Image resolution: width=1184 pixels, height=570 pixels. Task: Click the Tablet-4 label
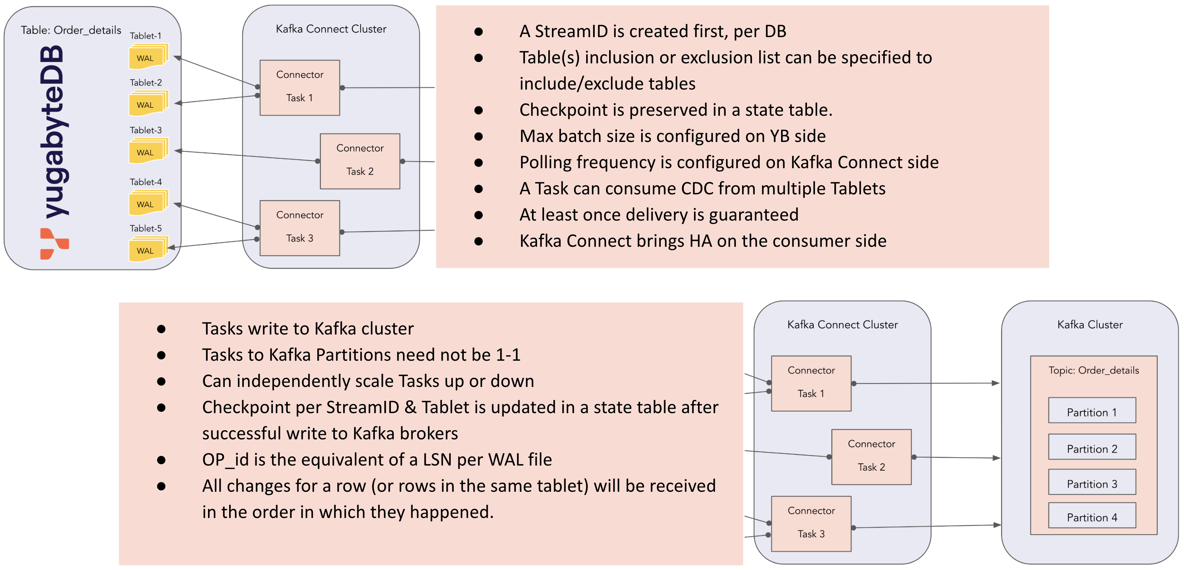145,182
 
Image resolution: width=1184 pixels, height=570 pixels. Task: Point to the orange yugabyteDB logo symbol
54,244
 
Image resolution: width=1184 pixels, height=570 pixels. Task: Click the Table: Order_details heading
71,30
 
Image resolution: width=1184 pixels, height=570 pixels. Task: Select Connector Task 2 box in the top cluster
360,161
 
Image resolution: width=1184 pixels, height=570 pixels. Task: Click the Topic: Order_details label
1093,370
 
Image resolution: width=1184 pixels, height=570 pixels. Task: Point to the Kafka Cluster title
1089,325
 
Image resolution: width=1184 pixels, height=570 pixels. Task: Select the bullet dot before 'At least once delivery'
478,215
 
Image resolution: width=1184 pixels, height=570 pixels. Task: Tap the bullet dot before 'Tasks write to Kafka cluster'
161,329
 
